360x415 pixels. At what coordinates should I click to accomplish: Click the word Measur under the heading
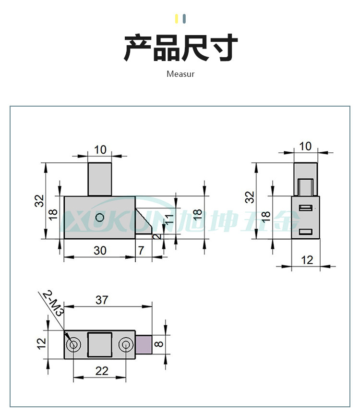pyautogui.click(x=180, y=74)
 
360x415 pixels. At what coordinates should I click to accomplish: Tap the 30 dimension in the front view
pyautogui.click(x=100, y=250)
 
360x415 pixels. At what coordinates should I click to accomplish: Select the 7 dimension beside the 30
pyautogui.click(x=141, y=250)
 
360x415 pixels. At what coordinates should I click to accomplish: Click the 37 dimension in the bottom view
pyautogui.click(x=102, y=300)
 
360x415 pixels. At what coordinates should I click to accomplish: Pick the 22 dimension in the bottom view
pyautogui.click(x=102, y=371)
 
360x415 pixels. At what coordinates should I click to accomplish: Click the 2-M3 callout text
pyautogui.click(x=53, y=303)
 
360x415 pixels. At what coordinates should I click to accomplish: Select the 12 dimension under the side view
pyautogui.click(x=307, y=260)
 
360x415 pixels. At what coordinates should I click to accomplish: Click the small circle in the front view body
pyautogui.click(x=99, y=217)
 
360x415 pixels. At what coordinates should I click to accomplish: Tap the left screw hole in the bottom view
pyautogui.click(x=74, y=344)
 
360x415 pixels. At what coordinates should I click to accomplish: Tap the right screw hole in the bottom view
pyautogui.click(x=126, y=344)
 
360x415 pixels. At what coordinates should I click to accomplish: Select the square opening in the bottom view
pyautogui.click(x=100, y=344)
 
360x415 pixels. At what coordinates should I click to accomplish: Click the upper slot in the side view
pyautogui.click(x=306, y=207)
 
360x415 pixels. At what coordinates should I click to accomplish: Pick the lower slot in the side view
pyautogui.click(x=306, y=232)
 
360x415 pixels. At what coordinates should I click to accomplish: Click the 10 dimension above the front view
pyautogui.click(x=100, y=149)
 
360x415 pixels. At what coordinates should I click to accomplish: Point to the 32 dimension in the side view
pyautogui.click(x=249, y=196)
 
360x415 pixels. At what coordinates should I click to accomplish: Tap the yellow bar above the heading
pyautogui.click(x=177, y=19)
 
